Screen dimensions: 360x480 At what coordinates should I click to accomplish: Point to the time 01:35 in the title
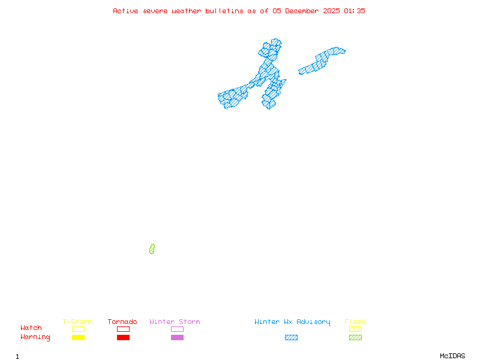point(354,11)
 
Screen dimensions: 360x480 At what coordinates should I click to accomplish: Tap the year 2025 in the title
point(331,11)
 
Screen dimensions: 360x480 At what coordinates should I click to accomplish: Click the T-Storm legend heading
point(77,322)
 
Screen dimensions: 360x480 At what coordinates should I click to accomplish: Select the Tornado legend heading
point(122,322)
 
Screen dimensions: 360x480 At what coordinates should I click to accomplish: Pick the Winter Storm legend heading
point(175,322)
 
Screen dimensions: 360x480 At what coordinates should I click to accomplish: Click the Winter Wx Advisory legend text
point(292,322)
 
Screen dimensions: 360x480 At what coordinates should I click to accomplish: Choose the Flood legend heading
point(355,322)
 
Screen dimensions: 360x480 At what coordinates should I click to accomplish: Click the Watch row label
point(31,328)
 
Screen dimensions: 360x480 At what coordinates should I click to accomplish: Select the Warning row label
point(35,337)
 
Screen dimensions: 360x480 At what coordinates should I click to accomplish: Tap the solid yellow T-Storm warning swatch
point(78,338)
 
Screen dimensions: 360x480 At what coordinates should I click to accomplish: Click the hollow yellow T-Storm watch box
point(78,329)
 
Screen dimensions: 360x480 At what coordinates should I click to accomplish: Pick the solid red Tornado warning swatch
point(123,338)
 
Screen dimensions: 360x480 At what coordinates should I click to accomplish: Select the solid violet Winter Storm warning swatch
point(177,338)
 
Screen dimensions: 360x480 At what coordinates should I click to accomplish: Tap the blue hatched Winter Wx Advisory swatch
point(291,338)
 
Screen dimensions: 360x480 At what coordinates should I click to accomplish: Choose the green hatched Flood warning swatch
point(355,338)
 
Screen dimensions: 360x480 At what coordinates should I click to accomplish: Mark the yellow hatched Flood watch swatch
point(355,329)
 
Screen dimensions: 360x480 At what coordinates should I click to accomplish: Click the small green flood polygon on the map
point(152,249)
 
